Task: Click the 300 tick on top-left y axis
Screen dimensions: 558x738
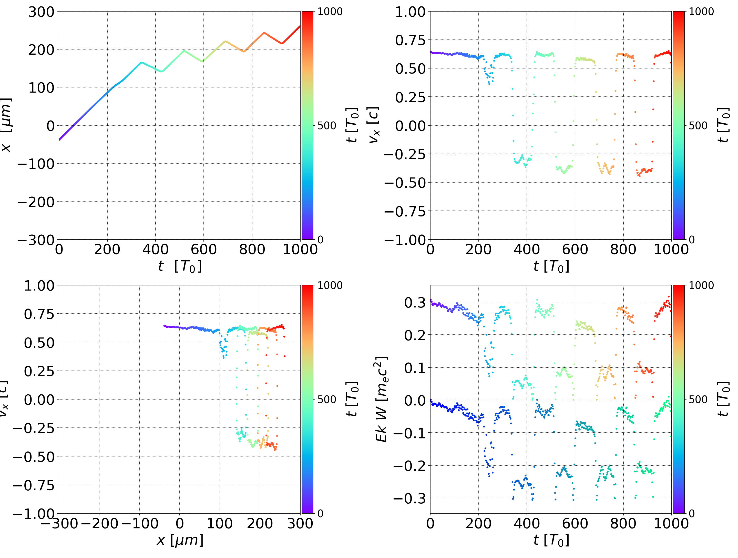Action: click(x=41, y=12)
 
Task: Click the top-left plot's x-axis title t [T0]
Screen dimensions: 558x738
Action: click(x=180, y=266)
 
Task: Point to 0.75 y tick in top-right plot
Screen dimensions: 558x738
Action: click(x=411, y=41)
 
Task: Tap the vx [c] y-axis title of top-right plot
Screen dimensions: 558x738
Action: click(x=374, y=125)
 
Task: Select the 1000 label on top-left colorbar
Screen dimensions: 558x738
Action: click(x=330, y=12)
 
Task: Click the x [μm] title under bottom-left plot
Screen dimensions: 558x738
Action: click(x=180, y=540)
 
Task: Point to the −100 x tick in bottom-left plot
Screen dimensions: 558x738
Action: click(x=139, y=523)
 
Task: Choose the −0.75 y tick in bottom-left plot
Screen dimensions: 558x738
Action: click(x=34, y=485)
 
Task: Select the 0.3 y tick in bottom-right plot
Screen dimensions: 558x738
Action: click(x=415, y=303)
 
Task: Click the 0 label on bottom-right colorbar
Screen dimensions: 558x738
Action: click(x=692, y=514)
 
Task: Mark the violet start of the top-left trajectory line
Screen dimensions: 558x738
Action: click(x=60, y=139)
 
